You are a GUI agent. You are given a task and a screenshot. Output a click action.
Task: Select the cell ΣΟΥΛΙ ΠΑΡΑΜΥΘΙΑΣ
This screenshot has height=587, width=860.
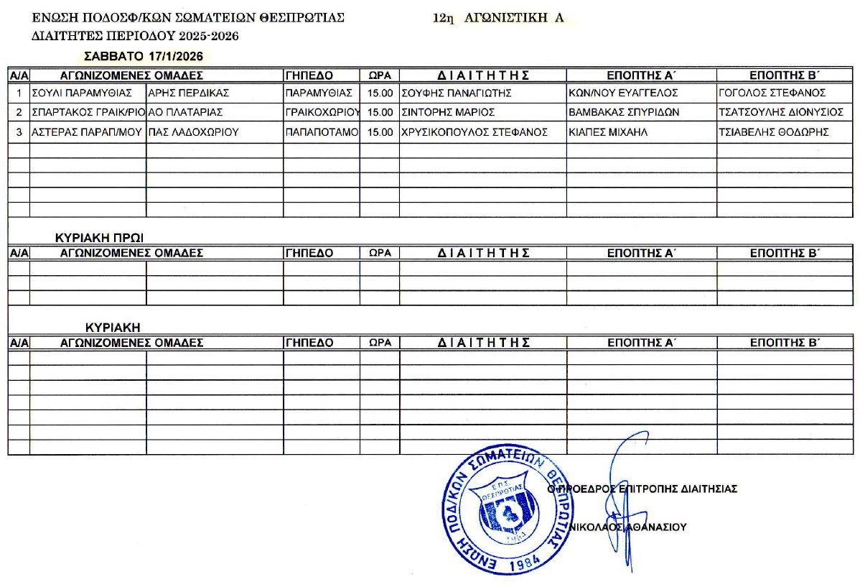click(83, 93)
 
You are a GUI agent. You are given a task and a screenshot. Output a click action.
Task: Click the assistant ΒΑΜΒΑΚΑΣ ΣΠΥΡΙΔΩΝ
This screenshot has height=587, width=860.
click(623, 112)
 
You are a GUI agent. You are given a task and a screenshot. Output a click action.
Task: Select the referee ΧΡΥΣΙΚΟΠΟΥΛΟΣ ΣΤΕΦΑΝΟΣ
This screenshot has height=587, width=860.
click(475, 132)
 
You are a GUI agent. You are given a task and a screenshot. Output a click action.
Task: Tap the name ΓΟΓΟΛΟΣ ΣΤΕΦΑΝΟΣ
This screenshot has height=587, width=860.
click(772, 93)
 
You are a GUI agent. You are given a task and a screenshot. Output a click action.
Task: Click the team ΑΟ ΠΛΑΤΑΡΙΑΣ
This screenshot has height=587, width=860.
click(185, 112)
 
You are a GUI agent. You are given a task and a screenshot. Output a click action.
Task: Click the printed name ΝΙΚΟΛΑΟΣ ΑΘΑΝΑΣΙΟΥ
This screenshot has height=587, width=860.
click(627, 527)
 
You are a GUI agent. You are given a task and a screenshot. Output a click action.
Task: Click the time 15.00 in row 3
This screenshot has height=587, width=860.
click(380, 132)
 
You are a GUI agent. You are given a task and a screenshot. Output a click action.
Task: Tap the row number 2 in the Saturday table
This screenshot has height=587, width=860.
click(19, 112)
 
